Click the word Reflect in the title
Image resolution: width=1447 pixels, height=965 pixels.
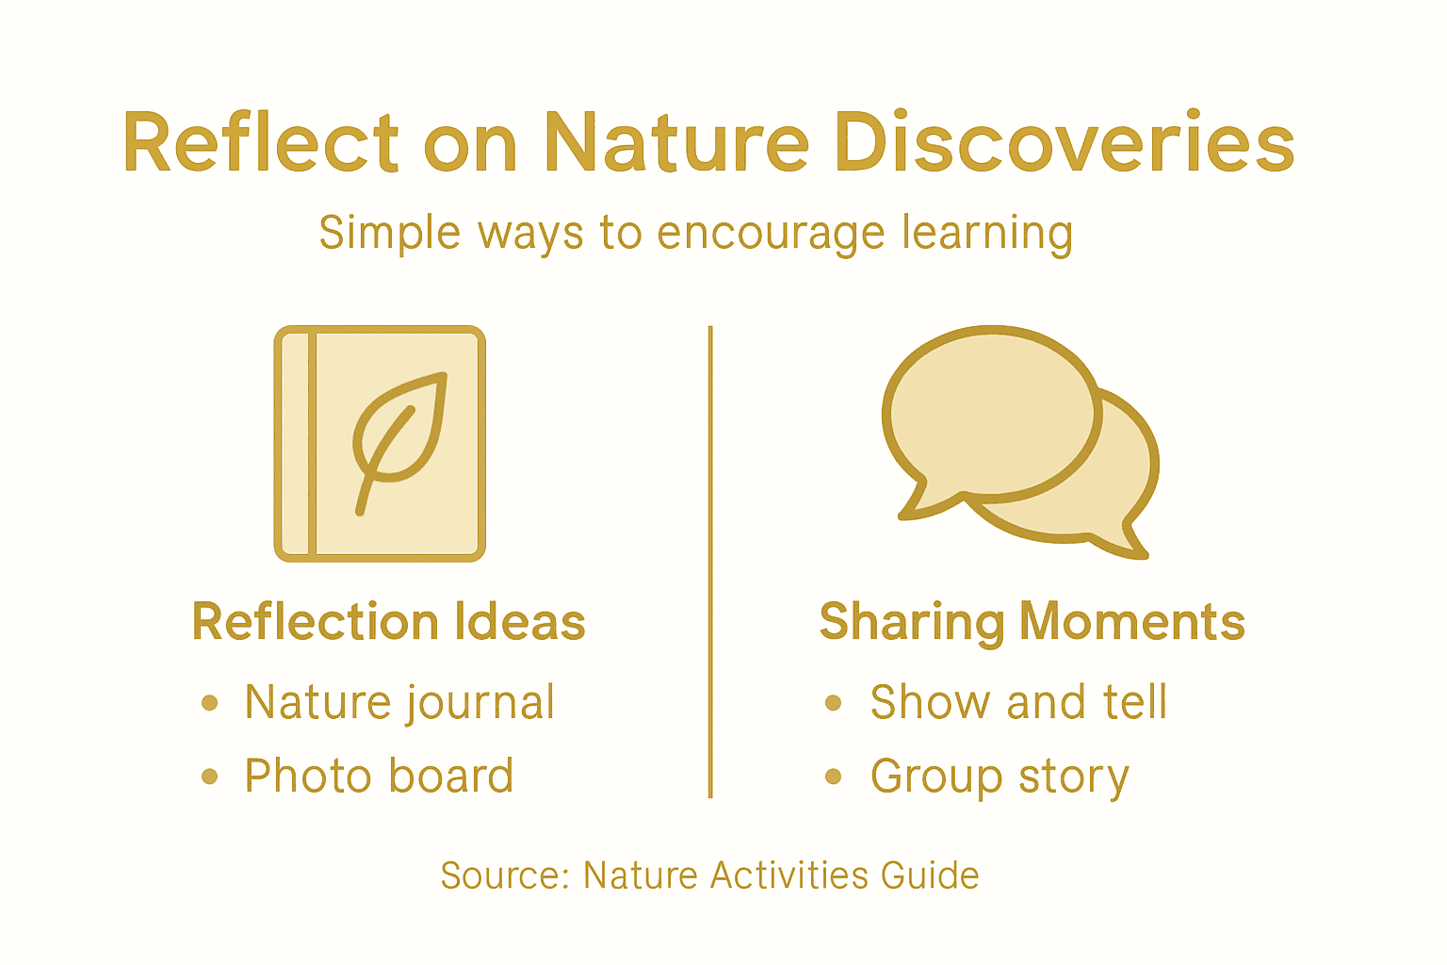pos(260,143)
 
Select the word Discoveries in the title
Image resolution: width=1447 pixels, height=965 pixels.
pos(1065,143)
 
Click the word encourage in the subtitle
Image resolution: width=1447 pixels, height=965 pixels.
pos(772,233)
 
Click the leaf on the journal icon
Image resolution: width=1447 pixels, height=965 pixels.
pos(398,433)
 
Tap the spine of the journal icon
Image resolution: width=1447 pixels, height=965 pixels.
pos(296,443)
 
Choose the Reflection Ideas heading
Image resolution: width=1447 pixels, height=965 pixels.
pos(388,622)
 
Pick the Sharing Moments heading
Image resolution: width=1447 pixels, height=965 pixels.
pos(1032,622)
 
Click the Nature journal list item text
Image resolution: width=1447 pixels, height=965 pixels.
pos(399,703)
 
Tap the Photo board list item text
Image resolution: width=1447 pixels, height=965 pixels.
pos(379,777)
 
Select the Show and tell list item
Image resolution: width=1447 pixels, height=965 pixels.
pos(1018,703)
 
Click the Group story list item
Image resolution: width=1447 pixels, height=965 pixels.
pos(999,777)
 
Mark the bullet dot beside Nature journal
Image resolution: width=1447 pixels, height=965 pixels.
pos(210,703)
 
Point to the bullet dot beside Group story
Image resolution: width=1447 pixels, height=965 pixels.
pos(833,777)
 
